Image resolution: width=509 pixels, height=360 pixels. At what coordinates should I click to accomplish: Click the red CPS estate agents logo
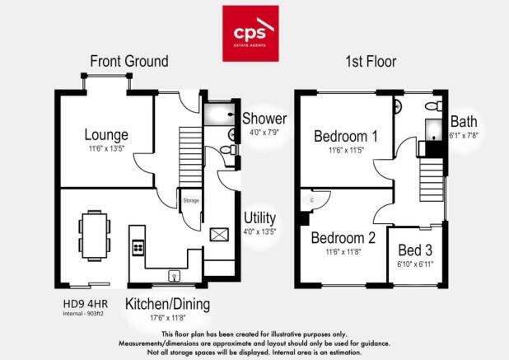[x=250, y=34]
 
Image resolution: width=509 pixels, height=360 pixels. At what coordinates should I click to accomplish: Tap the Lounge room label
[x=106, y=135]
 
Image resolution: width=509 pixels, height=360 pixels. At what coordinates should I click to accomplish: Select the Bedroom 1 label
[x=346, y=136]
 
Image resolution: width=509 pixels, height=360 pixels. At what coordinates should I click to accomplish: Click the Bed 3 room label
[x=415, y=250]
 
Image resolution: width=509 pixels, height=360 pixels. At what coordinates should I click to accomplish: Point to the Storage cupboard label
[x=191, y=201]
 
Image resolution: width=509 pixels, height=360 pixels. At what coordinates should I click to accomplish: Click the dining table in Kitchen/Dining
[x=95, y=236]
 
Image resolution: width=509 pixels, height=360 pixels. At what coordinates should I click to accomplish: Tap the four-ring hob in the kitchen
[x=138, y=248]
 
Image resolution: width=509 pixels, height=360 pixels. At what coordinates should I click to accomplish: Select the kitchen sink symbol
[x=175, y=276]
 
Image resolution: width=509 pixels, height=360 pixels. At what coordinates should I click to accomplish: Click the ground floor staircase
[x=190, y=157]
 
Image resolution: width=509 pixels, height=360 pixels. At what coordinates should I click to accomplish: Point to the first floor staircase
[x=432, y=180]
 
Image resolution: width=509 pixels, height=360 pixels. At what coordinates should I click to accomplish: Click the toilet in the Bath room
[x=434, y=105]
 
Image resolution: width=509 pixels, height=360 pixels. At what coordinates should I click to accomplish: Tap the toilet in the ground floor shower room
[x=228, y=150]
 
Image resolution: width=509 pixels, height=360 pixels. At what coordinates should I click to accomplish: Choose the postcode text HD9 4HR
[x=86, y=304]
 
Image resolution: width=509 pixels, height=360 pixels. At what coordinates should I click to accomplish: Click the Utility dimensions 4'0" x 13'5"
[x=259, y=231]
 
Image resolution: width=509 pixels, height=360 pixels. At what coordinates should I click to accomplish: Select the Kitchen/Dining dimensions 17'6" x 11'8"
[x=167, y=318]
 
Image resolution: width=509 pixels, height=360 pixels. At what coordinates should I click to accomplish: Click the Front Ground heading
[x=129, y=61]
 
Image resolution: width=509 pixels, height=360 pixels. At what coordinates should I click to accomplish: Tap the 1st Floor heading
[x=371, y=62]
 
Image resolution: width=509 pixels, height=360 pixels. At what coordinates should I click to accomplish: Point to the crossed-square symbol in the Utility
[x=219, y=235]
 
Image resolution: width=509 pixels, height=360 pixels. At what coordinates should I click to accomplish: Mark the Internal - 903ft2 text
[x=83, y=314]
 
